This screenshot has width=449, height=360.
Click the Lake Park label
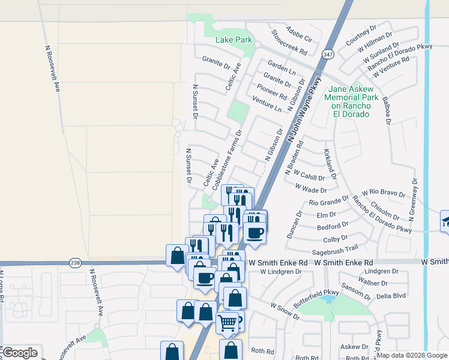click(x=234, y=40)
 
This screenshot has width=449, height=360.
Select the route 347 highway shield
click(x=328, y=53)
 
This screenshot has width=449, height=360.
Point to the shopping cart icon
click(x=227, y=323)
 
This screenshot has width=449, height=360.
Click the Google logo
click(x=20, y=353)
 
